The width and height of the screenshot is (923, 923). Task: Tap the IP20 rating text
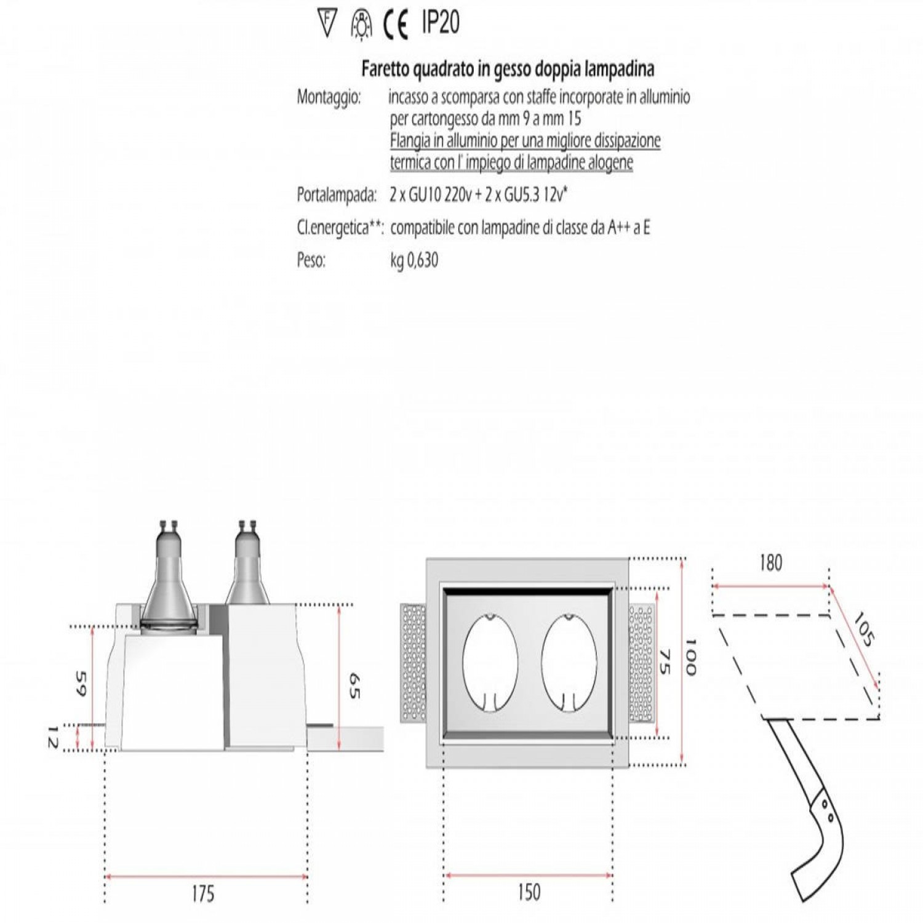441,23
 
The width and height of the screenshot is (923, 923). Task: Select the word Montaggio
329,98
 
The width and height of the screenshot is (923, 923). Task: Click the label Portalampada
337,195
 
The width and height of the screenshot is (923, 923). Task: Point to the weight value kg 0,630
414,260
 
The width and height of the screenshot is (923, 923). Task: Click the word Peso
311,260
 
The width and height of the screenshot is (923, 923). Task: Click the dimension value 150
529,892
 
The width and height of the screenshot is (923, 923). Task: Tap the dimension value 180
770,562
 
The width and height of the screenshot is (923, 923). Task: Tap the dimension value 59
81,683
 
